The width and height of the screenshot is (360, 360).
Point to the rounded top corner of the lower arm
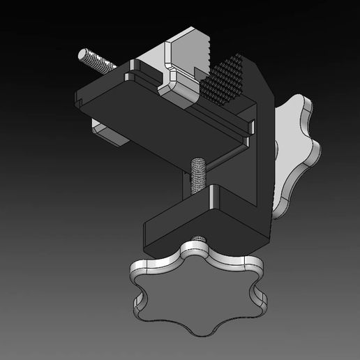216,192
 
